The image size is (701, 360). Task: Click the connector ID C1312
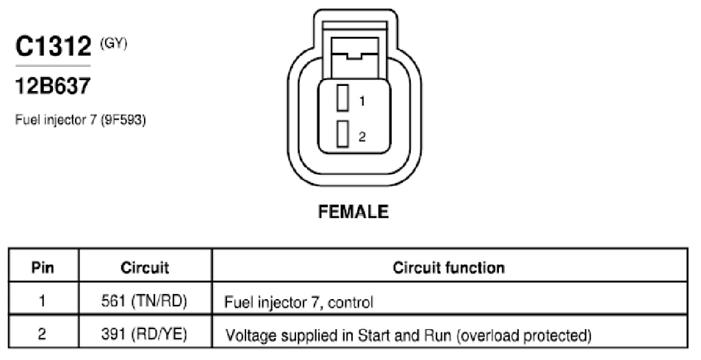pyautogui.click(x=53, y=46)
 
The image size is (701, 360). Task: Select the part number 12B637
pyautogui.click(x=53, y=86)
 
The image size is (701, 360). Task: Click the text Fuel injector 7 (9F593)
pyautogui.click(x=81, y=120)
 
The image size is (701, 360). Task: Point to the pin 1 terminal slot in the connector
pyautogui.click(x=343, y=98)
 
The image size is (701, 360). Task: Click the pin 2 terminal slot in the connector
pyautogui.click(x=343, y=134)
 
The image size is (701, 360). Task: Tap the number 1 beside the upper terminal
pyautogui.click(x=362, y=101)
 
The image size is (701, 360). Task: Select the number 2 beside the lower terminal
pyautogui.click(x=362, y=137)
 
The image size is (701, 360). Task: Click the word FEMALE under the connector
pyautogui.click(x=353, y=212)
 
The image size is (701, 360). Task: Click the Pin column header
pyautogui.click(x=43, y=267)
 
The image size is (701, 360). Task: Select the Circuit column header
pyautogui.click(x=145, y=267)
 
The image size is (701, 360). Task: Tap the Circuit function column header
pyautogui.click(x=449, y=267)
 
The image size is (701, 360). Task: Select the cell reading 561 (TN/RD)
pyautogui.click(x=144, y=301)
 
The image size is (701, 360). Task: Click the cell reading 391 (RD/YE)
pyautogui.click(x=144, y=334)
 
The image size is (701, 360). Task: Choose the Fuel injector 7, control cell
pyautogui.click(x=298, y=302)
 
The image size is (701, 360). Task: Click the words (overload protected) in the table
pyautogui.click(x=525, y=335)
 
